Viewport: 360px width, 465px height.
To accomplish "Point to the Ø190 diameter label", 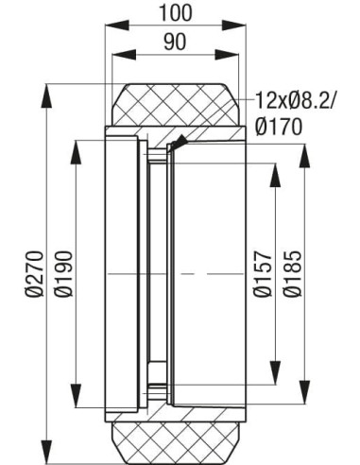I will (x=64, y=274).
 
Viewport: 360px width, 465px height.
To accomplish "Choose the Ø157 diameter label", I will (x=264, y=274).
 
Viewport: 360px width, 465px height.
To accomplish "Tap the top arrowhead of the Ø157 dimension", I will (x=275, y=167).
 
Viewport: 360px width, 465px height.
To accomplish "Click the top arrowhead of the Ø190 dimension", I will (x=75, y=144).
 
